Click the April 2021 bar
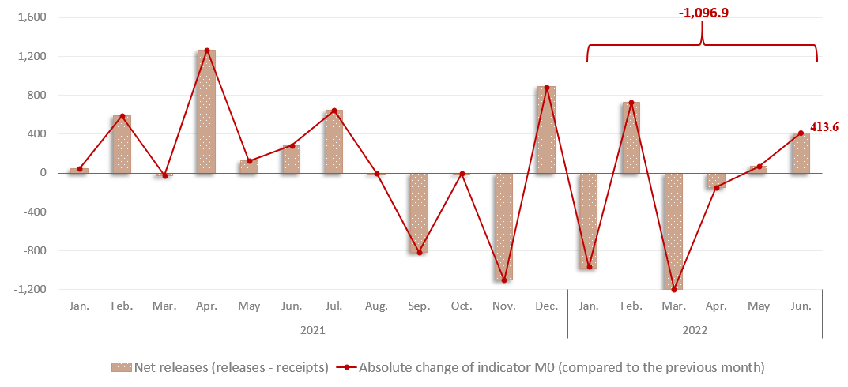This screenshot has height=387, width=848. coord(206,111)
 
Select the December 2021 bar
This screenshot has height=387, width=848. coord(546,130)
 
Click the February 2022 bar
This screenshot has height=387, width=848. coord(631,137)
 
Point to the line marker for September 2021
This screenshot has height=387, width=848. coord(420,253)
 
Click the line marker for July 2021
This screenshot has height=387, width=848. coord(334,111)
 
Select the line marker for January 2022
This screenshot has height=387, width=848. coord(589,267)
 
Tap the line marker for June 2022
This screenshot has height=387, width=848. coord(801,133)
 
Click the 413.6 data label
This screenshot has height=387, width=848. coord(824,126)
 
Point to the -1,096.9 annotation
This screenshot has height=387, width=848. coord(703,13)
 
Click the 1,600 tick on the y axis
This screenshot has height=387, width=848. coord(32,17)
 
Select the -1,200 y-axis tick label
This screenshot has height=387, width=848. coord(31,290)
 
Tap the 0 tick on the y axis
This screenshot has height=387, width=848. coord(43,173)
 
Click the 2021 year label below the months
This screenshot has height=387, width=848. coord(312,329)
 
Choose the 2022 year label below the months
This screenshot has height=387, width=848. coord(695,329)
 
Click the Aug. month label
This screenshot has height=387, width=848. coord(377,305)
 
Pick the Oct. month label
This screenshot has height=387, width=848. coord(462,305)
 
